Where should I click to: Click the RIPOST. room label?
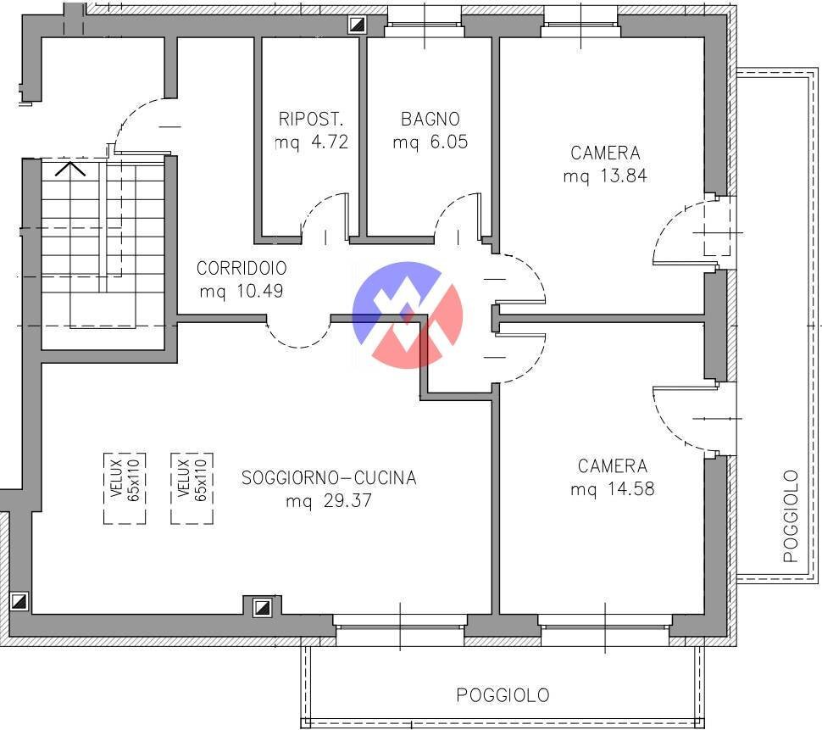[x=311, y=119]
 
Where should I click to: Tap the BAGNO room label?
[x=430, y=119]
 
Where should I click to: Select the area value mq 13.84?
[x=605, y=176]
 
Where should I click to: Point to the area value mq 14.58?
[x=613, y=488]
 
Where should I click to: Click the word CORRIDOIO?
[x=242, y=268]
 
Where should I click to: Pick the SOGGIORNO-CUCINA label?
[x=329, y=477]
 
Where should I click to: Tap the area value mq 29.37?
[x=329, y=500]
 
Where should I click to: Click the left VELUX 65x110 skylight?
[x=125, y=488]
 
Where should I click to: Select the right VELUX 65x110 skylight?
[x=192, y=488]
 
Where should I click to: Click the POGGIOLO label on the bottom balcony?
[x=503, y=695]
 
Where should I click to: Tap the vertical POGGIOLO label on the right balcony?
[x=791, y=516]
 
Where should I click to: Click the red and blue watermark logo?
[x=408, y=315]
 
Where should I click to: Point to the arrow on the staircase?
[x=70, y=169]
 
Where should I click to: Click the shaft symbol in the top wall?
[x=358, y=24]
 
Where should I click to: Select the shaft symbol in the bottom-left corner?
[x=19, y=601]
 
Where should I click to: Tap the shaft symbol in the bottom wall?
[x=262, y=607]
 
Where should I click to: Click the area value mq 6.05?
[x=430, y=142]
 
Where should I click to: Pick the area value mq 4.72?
[x=311, y=142]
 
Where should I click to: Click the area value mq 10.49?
[x=242, y=291]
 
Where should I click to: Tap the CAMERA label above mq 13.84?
[x=605, y=153]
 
